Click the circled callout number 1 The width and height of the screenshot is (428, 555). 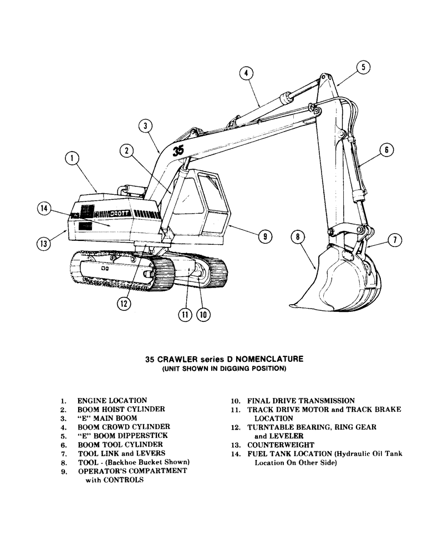[72, 159]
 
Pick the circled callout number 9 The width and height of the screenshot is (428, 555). [265, 236]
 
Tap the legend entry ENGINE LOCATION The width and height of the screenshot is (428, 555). [112, 400]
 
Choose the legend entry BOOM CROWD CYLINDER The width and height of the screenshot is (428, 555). [123, 427]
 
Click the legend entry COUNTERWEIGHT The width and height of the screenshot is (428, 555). [281, 445]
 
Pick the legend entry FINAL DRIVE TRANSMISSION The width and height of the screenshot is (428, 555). [300, 400]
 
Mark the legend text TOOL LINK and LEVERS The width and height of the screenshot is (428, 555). [121, 453]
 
